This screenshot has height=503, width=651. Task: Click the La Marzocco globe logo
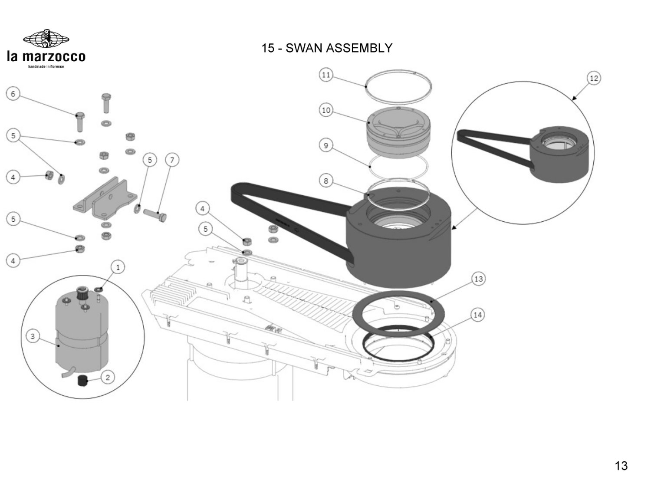(x=46, y=39)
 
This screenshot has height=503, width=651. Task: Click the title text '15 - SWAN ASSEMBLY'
(x=326, y=48)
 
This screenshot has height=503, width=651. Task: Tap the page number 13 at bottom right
(x=621, y=466)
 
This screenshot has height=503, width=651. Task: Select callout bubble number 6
(x=13, y=94)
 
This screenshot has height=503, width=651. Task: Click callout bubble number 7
(x=172, y=160)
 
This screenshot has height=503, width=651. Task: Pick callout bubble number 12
(x=594, y=79)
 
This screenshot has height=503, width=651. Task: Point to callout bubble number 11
(x=326, y=75)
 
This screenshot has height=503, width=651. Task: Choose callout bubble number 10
(x=326, y=110)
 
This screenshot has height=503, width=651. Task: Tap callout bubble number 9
(x=326, y=145)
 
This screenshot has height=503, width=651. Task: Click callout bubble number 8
(x=326, y=181)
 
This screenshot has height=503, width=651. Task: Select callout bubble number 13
(x=478, y=279)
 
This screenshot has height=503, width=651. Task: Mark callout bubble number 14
(x=477, y=315)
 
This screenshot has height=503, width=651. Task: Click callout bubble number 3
(x=33, y=336)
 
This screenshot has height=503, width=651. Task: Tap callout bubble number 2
(x=108, y=377)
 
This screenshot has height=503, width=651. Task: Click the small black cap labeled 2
(x=82, y=381)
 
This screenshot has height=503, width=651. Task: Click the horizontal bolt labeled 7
(x=157, y=215)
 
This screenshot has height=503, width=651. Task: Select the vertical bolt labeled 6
(x=80, y=122)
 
